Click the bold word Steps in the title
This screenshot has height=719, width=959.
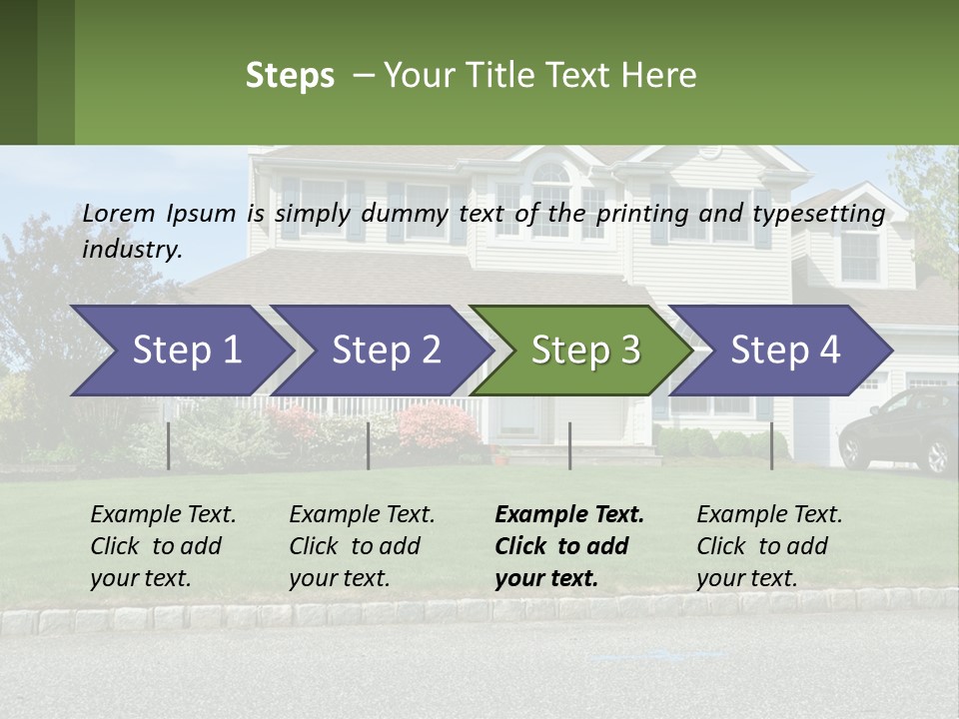click(x=290, y=76)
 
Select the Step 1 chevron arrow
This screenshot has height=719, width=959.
click(x=180, y=351)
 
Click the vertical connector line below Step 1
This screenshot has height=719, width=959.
click(x=168, y=445)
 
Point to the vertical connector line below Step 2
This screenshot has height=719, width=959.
click(x=369, y=445)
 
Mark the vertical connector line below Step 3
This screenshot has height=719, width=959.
click(x=569, y=445)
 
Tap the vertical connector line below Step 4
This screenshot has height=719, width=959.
click(x=771, y=445)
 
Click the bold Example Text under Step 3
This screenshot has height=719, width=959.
click(x=567, y=546)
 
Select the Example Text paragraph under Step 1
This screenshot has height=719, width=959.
click(x=162, y=546)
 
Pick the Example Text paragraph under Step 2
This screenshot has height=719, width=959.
click(x=361, y=546)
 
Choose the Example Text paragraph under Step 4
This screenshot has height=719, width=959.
click(x=768, y=546)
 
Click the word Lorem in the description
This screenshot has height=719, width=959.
click(x=119, y=213)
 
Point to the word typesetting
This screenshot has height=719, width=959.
click(x=818, y=214)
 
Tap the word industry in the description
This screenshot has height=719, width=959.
click(x=132, y=249)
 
